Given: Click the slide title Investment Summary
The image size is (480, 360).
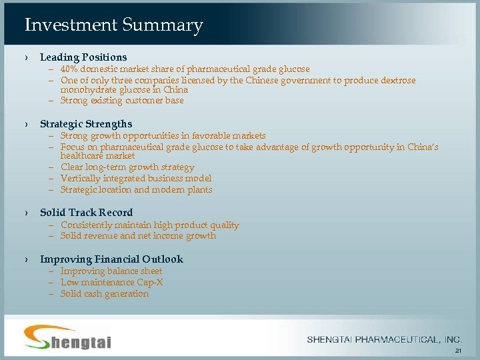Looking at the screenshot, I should [113, 25].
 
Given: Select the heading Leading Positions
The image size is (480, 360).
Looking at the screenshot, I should [83, 57].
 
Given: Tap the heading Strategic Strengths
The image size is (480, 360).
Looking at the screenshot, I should [86, 124].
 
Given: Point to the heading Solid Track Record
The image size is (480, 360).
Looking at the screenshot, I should [86, 213].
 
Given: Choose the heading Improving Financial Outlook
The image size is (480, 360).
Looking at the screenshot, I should [111, 259].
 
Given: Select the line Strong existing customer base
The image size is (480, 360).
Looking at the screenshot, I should [122, 101].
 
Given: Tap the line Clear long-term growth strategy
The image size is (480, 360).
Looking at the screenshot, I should [127, 167].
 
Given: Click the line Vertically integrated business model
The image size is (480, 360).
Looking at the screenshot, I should [136, 179].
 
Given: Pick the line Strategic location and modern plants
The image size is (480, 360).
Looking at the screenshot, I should [136, 190].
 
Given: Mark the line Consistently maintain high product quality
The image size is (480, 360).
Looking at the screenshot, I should [149, 225].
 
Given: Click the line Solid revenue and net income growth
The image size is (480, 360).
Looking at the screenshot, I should [138, 236].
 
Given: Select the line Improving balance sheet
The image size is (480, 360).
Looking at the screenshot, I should [111, 271].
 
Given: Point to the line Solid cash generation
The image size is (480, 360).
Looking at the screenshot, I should [105, 294].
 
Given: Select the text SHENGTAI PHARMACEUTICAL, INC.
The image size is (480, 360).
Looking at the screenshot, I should [385, 340].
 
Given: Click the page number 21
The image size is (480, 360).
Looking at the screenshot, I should [457, 351].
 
